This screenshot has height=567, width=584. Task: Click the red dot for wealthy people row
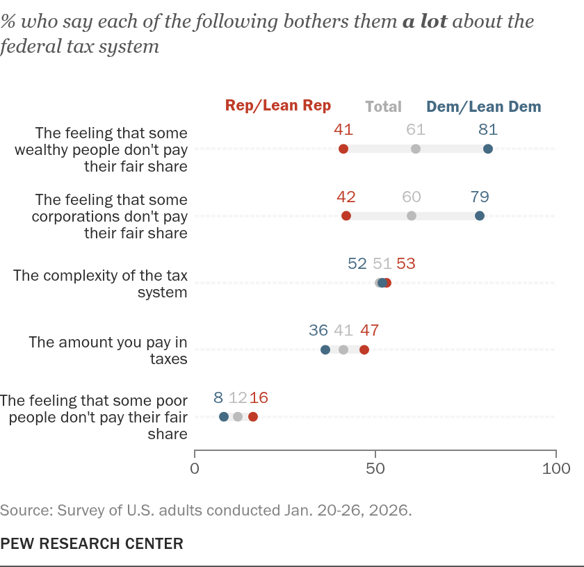pos(343,149)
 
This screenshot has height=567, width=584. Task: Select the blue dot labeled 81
pos(487,149)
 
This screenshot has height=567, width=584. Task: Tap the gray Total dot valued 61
pos(415,149)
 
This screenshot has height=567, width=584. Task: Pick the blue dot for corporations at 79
pos(479,215)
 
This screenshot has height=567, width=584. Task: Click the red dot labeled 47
pos(364,350)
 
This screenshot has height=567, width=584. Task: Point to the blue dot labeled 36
pos(325,350)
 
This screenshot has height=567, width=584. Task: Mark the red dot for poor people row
pos(252,417)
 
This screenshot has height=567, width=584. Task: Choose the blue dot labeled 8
pos(223,417)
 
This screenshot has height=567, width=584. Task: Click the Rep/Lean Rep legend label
pos(278,106)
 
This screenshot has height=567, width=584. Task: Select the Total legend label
pos(383,106)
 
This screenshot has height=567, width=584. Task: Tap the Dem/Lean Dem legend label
pos(483,106)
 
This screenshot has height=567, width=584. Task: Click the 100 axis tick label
pos(556,468)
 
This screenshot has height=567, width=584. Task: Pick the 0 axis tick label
pos(195,468)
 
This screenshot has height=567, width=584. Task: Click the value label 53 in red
pos(405,263)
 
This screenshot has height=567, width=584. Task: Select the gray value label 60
pos(411,197)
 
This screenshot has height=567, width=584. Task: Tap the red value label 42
pos(346,197)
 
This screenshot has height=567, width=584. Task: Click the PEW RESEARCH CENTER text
pos(92,543)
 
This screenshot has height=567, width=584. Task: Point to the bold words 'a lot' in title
pos(425,22)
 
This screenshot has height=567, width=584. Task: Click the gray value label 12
pos(238,397)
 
